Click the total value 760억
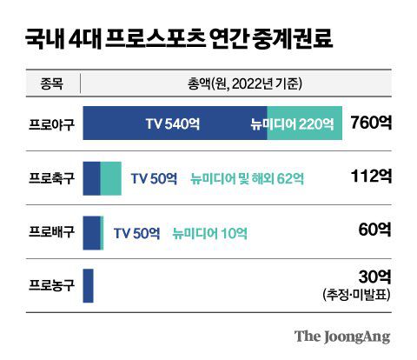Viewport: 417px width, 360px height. tap(370, 123)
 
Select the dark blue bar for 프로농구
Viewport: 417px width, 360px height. tap(88, 284)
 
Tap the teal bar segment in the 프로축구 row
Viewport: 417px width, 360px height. tap(111, 177)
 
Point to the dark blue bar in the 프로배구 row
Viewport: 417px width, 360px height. tap(91, 231)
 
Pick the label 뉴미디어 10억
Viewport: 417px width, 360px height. tap(210, 232)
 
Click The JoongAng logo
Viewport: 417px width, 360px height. tap(341, 336)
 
